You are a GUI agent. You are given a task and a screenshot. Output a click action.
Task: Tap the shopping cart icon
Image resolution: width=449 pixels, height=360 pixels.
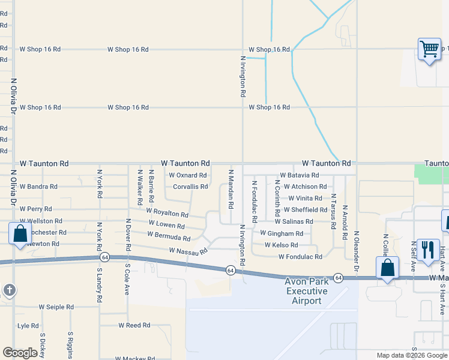tap(429, 50)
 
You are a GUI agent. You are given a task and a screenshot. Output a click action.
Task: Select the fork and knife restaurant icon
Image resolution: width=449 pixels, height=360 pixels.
tap(427, 248)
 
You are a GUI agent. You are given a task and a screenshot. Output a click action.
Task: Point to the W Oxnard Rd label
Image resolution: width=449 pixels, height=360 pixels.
tap(187, 175)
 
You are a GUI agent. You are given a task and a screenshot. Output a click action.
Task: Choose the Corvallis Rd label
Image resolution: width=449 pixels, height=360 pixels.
tap(190, 187)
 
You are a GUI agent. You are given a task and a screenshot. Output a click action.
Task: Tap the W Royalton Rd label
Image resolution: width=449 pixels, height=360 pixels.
tap(167, 212)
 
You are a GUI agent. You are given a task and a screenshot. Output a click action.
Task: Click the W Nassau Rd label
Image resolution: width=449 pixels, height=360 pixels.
tap(188, 251)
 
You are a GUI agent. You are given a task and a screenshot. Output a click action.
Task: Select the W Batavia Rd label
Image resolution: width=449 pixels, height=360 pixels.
tap(298, 175)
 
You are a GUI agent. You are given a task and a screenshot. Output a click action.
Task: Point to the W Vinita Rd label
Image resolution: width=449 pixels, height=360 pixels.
tap(306, 198)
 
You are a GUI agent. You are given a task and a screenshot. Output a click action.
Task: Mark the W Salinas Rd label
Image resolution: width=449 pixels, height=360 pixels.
tap(294, 221)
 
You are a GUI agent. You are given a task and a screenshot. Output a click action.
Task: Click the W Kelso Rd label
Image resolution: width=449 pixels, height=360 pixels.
tap(281, 245)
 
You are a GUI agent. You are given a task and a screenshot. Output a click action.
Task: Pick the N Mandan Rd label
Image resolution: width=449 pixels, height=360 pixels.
tap(231, 188)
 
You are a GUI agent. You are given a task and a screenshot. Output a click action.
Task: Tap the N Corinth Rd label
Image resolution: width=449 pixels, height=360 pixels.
tap(277, 198)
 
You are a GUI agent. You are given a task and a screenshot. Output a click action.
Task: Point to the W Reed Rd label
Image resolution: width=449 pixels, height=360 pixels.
tap(134, 325)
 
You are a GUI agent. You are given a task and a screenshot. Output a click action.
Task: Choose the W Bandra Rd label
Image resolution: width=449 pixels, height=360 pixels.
tap(38, 187)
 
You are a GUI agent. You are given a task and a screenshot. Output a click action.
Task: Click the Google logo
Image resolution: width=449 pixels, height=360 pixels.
tap(20, 353)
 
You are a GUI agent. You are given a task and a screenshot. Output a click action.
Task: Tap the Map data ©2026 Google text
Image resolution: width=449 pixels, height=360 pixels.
tap(412, 355)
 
